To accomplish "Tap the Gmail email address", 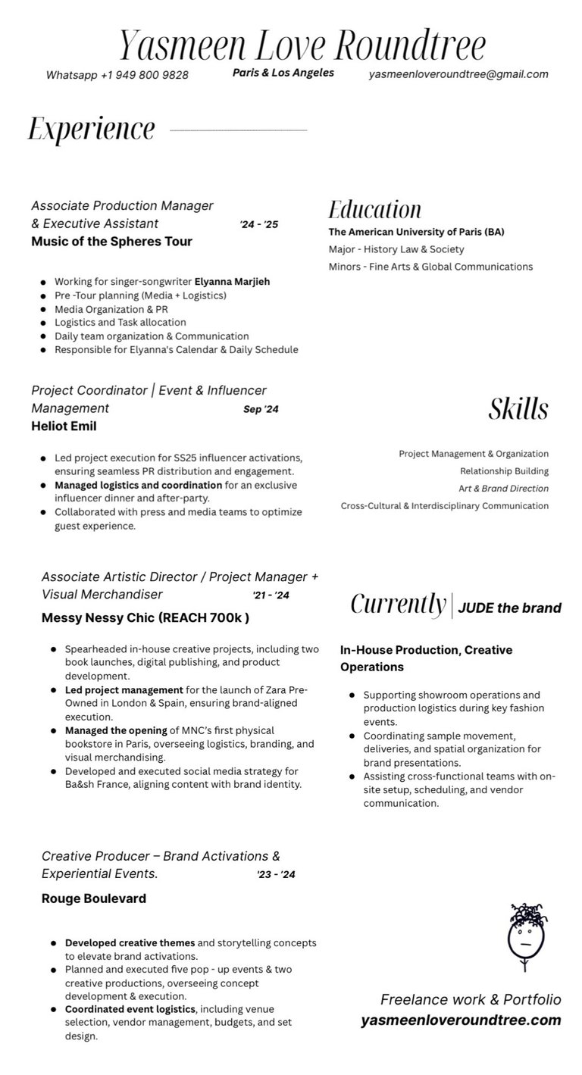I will tap(458, 74).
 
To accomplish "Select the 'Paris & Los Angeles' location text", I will tap(283, 73).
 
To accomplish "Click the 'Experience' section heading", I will tap(92, 129).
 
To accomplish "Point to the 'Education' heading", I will tap(374, 210).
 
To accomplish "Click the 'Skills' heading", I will tap(518, 409).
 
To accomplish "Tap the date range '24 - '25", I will tap(259, 224).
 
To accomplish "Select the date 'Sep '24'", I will tap(261, 409).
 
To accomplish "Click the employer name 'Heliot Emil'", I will tap(64, 427).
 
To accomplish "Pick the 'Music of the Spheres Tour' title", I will tap(111, 242).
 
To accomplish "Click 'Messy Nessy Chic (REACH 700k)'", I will tap(145, 617).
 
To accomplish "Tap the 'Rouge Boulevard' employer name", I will tap(94, 898).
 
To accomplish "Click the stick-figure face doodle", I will tap(527, 936).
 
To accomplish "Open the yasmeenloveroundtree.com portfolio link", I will tap(461, 1020).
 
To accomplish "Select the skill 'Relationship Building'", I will tap(504, 471).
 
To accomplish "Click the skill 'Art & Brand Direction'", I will tap(503, 489).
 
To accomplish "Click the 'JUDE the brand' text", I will tap(509, 608).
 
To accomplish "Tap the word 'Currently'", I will tap(398, 605).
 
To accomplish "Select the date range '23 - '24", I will tap(276, 874).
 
